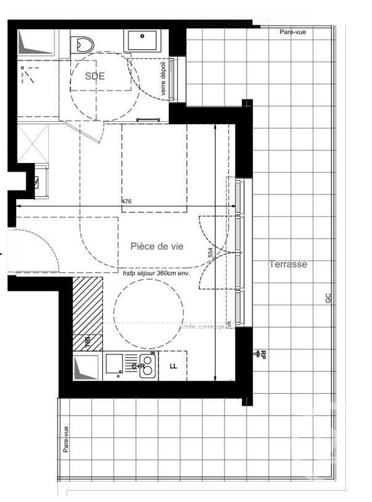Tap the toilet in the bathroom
pyautogui.click(x=85, y=44)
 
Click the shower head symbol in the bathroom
pyautogui.click(x=26, y=69)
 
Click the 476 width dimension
pyautogui.click(x=126, y=201)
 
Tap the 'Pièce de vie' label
pyautogui.click(x=157, y=246)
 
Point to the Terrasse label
pyautogui.click(x=288, y=263)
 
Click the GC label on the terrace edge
pyautogui.click(x=328, y=298)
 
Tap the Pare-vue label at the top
pyautogui.click(x=292, y=32)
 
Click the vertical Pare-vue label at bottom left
pyautogui.click(x=66, y=439)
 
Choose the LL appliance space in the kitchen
pyautogui.click(x=173, y=366)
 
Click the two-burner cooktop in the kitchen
pyautogui.click(x=147, y=366)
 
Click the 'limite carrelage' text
pyautogui.click(x=204, y=327)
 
